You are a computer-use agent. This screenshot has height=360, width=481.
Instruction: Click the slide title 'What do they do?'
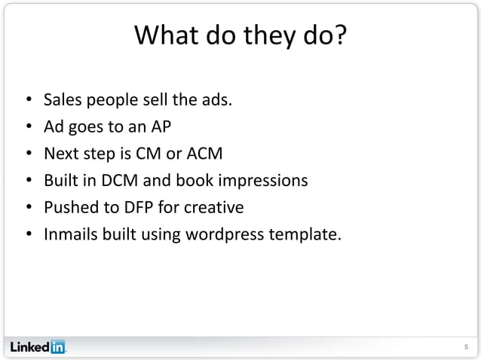240,35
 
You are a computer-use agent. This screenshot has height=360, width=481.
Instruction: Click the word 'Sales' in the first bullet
62,99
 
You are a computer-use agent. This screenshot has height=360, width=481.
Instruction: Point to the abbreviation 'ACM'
205,154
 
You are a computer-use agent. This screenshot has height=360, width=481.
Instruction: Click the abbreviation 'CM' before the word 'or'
146,154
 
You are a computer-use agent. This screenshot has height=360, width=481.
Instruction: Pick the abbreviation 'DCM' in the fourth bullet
119,181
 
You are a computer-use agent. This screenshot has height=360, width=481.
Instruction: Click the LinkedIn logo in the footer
38,347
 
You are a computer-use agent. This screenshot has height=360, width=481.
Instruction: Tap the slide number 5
465,347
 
